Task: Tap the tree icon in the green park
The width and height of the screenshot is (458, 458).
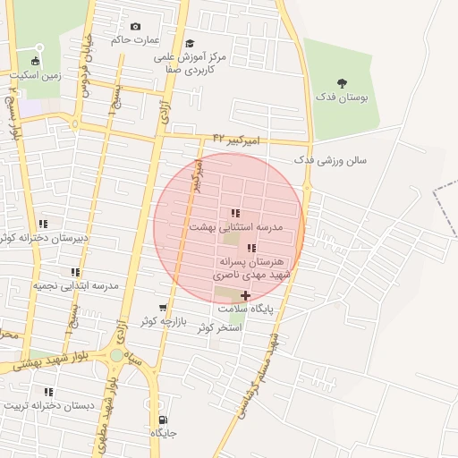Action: click(x=342, y=83)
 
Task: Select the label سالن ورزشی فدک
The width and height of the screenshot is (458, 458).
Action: click(x=330, y=160)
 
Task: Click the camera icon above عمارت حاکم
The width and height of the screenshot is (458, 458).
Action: click(x=135, y=27)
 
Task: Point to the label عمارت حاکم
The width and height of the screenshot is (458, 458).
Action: click(x=134, y=40)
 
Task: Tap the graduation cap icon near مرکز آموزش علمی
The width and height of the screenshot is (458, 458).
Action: click(x=190, y=43)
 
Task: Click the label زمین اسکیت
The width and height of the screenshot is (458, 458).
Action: click(x=35, y=76)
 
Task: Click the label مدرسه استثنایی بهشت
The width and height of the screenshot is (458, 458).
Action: click(x=235, y=227)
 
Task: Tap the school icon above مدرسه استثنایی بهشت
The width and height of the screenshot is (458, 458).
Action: click(x=234, y=213)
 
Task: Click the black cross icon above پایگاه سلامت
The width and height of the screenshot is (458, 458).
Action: click(x=246, y=294)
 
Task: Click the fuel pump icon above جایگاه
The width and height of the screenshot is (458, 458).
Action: click(x=162, y=420)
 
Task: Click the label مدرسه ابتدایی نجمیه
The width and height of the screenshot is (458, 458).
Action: click(x=76, y=285)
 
